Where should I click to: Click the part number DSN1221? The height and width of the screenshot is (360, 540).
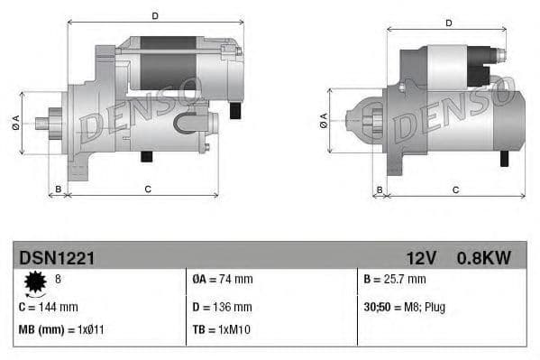pyautogui.click(x=57, y=258)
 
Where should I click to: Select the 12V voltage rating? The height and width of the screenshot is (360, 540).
pyautogui.click(x=421, y=258)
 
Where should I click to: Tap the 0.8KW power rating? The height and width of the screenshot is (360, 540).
pyautogui.click(x=484, y=258)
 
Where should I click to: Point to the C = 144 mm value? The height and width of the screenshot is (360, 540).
pyautogui.click(x=49, y=307)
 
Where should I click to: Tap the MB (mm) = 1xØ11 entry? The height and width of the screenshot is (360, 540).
pyautogui.click(x=60, y=330)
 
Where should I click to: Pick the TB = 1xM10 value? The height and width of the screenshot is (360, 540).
pyautogui.click(x=222, y=330)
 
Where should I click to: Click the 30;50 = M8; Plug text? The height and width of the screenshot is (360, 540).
pyautogui.click(x=405, y=307)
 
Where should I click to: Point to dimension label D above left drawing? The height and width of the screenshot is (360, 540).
pyautogui.click(x=155, y=15)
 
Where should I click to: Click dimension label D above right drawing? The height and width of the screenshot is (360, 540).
pyautogui.click(x=448, y=23)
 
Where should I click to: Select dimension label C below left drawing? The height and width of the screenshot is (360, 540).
pyautogui.click(x=147, y=189)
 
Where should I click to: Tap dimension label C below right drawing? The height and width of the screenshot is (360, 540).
pyautogui.click(x=455, y=189)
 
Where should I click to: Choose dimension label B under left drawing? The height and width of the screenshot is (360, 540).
pyautogui.click(x=59, y=189)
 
